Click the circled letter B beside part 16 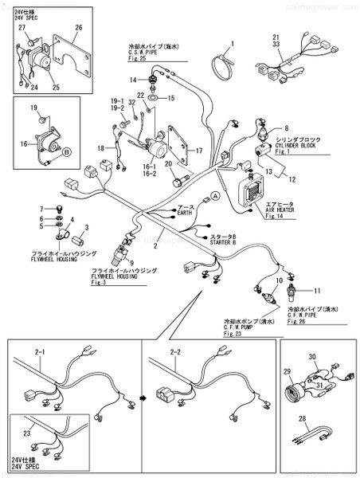point(67,150)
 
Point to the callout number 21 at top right point(276,37)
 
